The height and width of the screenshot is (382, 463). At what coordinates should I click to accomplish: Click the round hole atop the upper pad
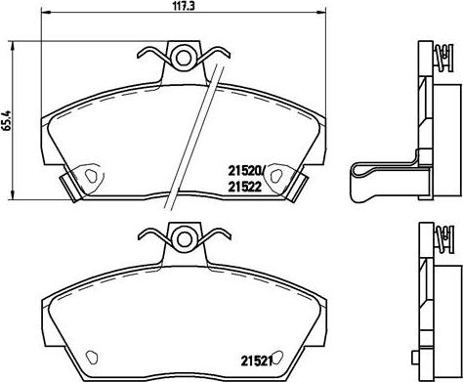183,56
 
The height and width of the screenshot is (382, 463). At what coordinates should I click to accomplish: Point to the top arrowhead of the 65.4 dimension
12,44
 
